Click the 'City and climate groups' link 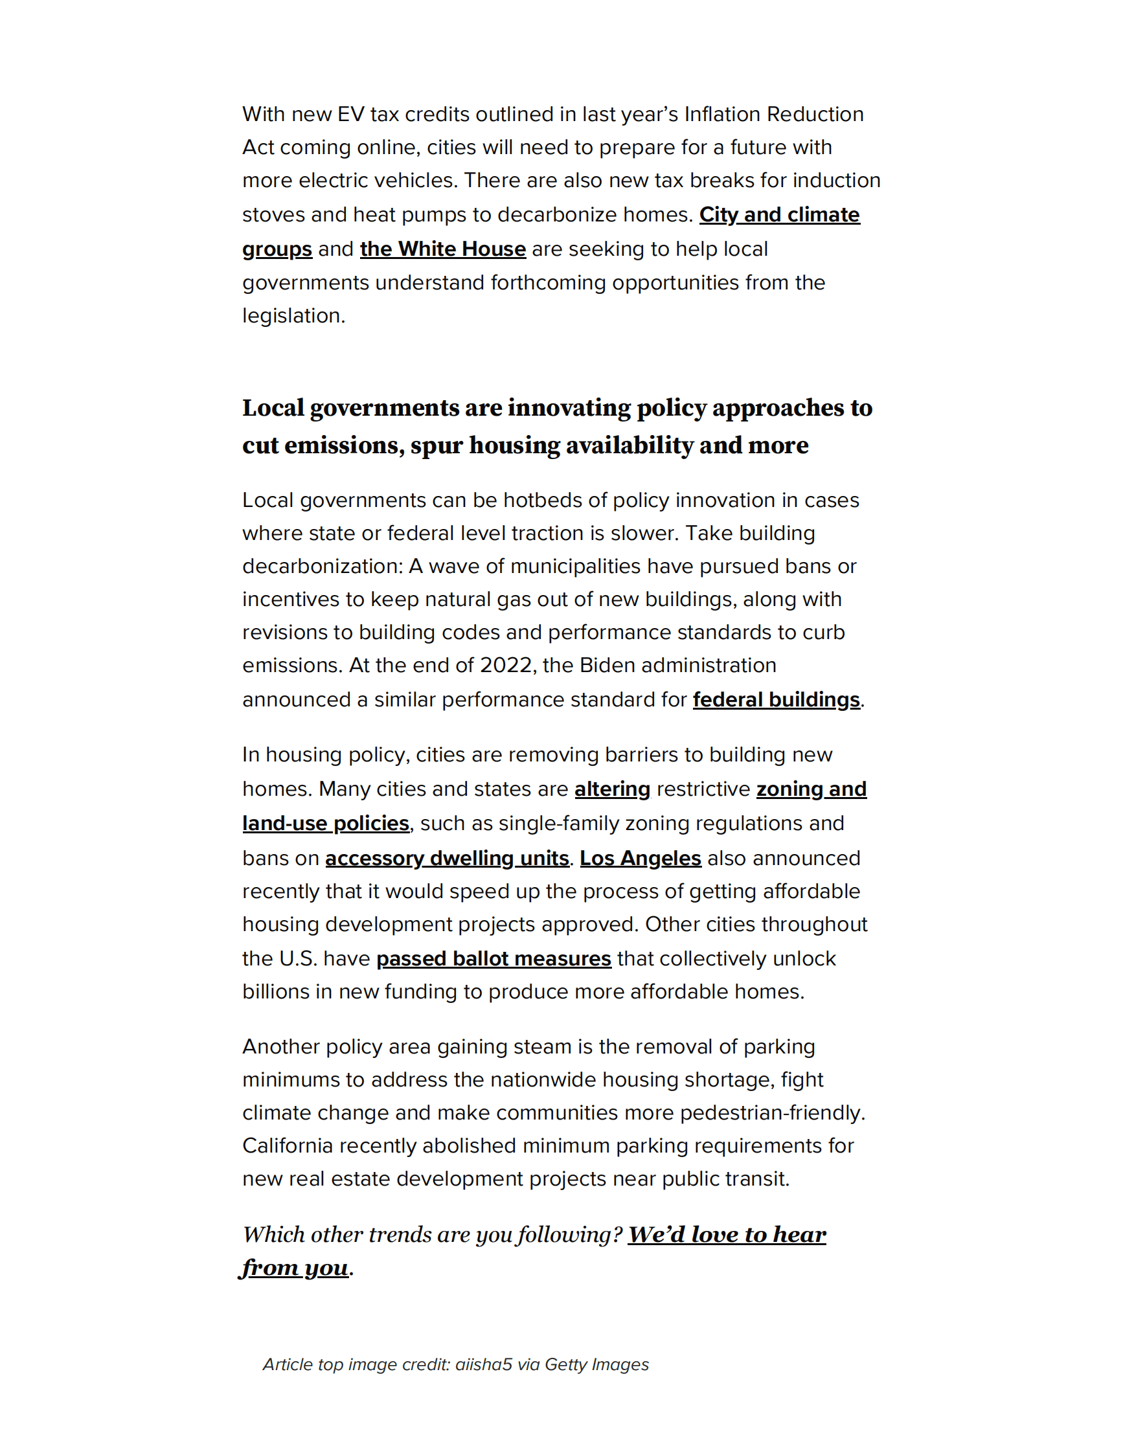(x=778, y=215)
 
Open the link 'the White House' (x=442, y=249)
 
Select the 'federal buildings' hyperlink (x=776, y=699)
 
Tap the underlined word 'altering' (x=612, y=789)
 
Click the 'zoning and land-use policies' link (x=811, y=789)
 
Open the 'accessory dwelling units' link (x=446, y=857)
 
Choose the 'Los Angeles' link (x=640, y=857)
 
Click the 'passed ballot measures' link (x=493, y=958)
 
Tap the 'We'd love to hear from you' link (x=727, y=1234)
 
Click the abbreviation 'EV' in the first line (x=350, y=115)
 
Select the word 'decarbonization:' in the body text (x=323, y=566)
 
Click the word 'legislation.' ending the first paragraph (x=293, y=315)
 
